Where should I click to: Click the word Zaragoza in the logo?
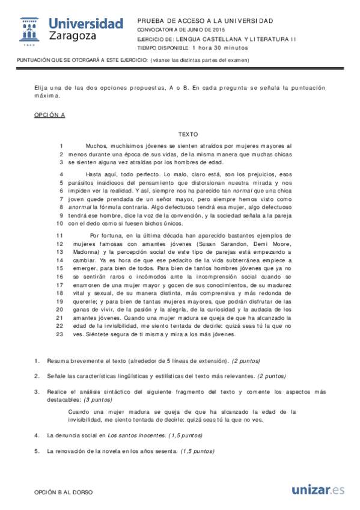[x=73, y=37]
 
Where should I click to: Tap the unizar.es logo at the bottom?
[x=318, y=490]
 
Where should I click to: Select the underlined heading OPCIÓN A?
[x=49, y=114]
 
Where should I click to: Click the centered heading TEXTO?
[x=188, y=134]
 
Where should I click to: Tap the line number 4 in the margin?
[x=61, y=174]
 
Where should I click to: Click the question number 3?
[x=37, y=392]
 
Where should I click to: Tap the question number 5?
[x=37, y=450]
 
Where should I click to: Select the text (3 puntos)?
[x=97, y=399]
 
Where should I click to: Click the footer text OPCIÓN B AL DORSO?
[x=64, y=492]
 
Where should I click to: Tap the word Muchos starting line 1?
[x=97, y=146]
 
